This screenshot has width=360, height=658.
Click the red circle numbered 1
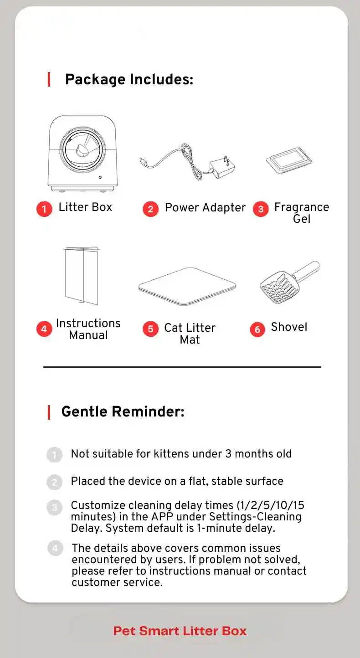coord(44,209)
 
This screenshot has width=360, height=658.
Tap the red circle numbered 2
coord(150,209)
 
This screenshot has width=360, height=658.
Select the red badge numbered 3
coord(261,209)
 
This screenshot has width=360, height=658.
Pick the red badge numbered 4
coord(44,329)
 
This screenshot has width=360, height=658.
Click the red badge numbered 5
coord(150,329)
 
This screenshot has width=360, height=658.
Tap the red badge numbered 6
coord(257,329)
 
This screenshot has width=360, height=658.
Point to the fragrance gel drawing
coord(289,160)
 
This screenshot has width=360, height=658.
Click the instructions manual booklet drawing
coord(81,275)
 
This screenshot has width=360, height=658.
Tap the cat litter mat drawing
coord(187,286)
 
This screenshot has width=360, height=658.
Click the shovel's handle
coord(307,271)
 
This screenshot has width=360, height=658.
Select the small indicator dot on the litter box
coord(100,177)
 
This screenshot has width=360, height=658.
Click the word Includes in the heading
coord(161,79)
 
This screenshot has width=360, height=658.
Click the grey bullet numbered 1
coord(54,454)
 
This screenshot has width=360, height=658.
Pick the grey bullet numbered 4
coord(55,548)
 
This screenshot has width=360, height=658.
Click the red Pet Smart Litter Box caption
coord(180,631)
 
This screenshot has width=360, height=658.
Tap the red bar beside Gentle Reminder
coord(49,412)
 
